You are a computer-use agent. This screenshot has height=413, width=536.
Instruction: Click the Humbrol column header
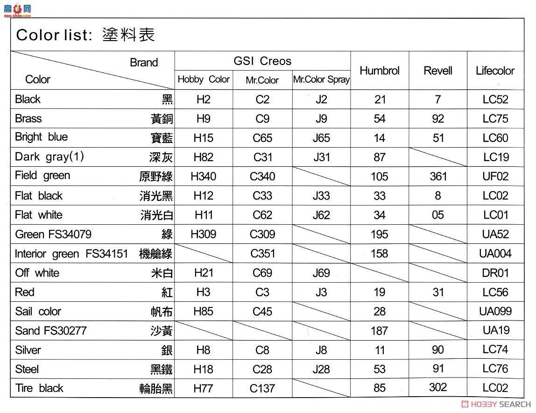coord(379,71)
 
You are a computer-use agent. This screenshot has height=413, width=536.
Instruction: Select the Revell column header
coord(437,71)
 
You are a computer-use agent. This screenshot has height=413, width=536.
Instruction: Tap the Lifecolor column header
coord(495,71)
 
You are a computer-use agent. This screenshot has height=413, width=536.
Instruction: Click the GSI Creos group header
coord(262,61)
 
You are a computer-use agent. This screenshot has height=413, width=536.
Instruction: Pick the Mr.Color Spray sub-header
coord(321,80)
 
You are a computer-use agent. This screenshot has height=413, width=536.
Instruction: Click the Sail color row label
coord(38,312)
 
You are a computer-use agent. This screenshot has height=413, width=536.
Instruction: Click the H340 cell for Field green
coord(203,177)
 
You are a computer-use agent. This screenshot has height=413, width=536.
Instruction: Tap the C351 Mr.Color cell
coord(262,254)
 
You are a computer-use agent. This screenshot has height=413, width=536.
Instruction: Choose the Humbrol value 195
coord(379,235)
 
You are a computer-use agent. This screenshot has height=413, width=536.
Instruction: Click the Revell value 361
coord(437,177)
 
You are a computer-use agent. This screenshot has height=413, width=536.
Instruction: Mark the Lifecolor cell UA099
coord(495,312)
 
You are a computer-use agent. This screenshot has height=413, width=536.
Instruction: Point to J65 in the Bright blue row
coord(321,138)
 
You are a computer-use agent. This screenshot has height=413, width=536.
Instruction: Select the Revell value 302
coord(437,387)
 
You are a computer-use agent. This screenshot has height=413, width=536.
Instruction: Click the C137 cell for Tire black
coord(262,388)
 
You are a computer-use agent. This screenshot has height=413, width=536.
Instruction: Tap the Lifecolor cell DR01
coord(495,273)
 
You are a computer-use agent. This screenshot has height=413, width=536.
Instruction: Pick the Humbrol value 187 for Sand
coord(379,331)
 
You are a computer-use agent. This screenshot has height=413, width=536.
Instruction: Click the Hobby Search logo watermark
coord(495,405)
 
